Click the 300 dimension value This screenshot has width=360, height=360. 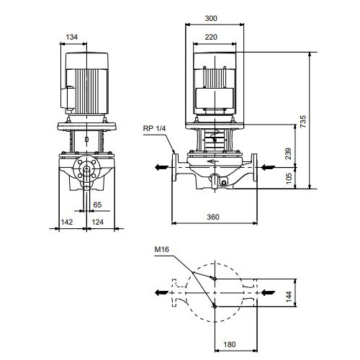click(x=211, y=18)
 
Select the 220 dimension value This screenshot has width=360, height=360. click(x=211, y=37)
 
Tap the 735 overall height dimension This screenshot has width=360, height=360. click(x=303, y=121)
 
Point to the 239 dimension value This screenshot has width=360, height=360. click(x=288, y=153)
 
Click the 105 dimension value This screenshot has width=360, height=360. click(x=289, y=179)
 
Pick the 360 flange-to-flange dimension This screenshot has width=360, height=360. click(x=213, y=217)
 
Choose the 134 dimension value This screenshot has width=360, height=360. click(x=72, y=37)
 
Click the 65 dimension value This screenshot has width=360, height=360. click(x=97, y=204)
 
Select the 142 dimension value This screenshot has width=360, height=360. click(x=66, y=222)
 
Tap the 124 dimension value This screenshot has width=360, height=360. click(x=98, y=222)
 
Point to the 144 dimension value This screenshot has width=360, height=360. click(x=289, y=297)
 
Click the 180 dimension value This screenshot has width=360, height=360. click(x=230, y=344)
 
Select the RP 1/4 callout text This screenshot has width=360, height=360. click(x=154, y=128)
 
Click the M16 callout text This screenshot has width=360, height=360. click(x=161, y=249)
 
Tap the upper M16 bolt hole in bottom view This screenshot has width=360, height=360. click(x=215, y=279)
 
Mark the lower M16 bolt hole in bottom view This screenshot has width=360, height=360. click(x=215, y=307)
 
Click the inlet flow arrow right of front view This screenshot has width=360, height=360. click(x=268, y=167)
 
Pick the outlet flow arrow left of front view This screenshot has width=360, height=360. click(x=162, y=167)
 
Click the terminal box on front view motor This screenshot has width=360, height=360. click(x=215, y=98)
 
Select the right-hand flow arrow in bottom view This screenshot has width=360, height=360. click(x=268, y=292)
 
